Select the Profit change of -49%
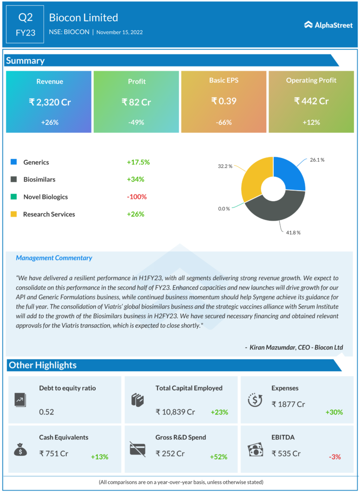(x=136, y=122)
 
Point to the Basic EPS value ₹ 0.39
(x=224, y=101)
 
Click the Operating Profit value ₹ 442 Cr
(x=311, y=101)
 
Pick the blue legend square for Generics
(x=14, y=162)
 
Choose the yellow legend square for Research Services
(x=14, y=214)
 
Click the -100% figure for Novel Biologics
(x=137, y=196)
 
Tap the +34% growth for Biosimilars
(x=135, y=179)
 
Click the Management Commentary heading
(x=54, y=258)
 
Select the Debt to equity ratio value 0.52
(x=47, y=412)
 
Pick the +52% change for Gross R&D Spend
(x=219, y=456)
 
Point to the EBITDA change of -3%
(x=334, y=456)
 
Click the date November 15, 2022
(x=119, y=32)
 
